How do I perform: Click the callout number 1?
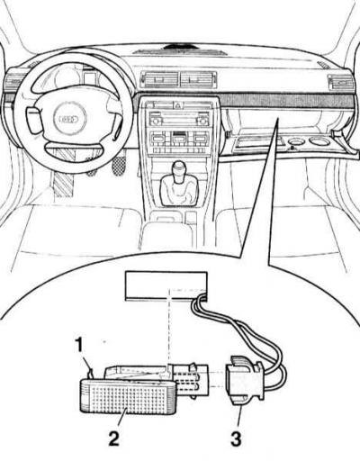pyautogui.click(x=79, y=345)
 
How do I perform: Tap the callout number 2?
pyautogui.click(x=114, y=439)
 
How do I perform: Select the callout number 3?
pyautogui.click(x=236, y=439)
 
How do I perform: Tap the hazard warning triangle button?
pyautogui.click(x=178, y=105)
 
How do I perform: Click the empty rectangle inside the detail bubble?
pyautogui.click(x=166, y=286)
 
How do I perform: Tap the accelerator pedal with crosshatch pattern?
pyautogui.click(x=120, y=165)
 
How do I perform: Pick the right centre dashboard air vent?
pyautogui.click(x=198, y=80)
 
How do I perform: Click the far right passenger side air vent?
pyautogui.click(x=341, y=82)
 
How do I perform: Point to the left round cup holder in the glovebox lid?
pyautogui.click(x=295, y=141)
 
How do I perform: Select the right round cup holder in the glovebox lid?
pyautogui.click(x=319, y=140)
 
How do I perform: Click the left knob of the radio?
pyautogui.click(x=156, y=121)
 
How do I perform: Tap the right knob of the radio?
pyautogui.click(x=202, y=121)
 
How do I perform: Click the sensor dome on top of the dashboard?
pyautogui.click(x=179, y=47)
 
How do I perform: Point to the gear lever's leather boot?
pyautogui.click(x=179, y=190)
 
